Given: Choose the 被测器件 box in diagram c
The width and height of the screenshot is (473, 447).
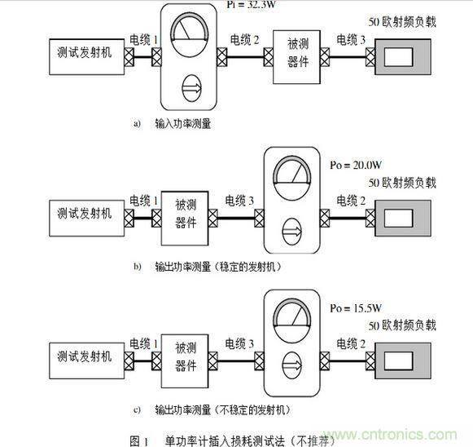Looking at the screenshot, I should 185,356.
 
